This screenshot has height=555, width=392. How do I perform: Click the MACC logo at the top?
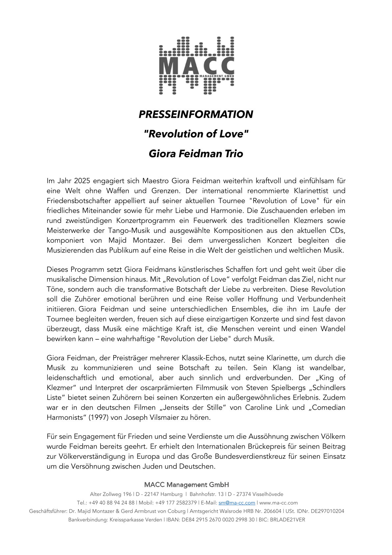pyautogui.click(x=196, y=65)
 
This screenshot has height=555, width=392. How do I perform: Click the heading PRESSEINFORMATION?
pyautogui.click(x=196, y=114)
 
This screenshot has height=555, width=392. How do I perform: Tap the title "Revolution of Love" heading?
pyautogui.click(x=196, y=134)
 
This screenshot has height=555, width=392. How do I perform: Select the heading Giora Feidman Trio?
pyautogui.click(x=196, y=154)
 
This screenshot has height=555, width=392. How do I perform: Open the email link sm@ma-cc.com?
pyautogui.click(x=237, y=503)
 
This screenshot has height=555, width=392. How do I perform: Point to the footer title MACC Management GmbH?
pyautogui.click(x=186, y=485)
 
